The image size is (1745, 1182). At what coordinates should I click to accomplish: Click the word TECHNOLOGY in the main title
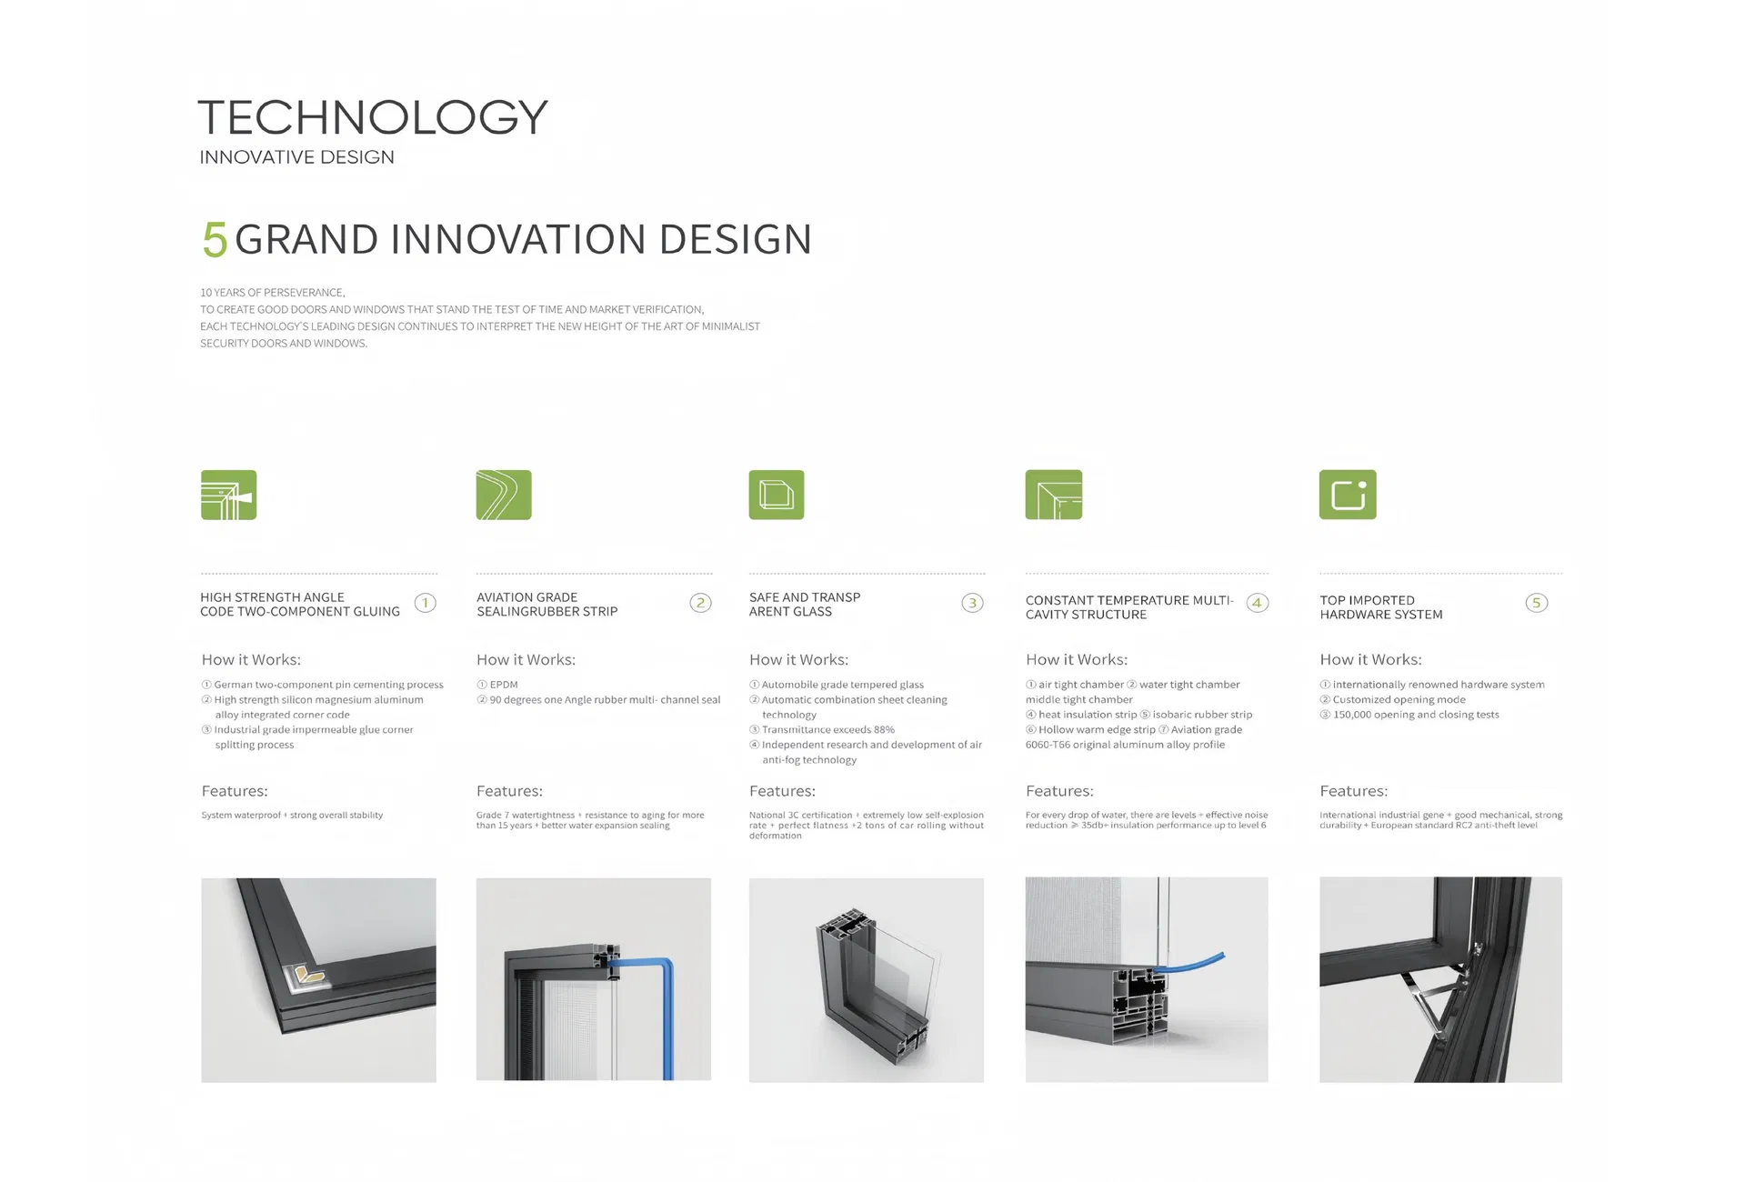[x=373, y=117]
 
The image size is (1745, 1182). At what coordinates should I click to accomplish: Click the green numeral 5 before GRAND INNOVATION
[x=215, y=240]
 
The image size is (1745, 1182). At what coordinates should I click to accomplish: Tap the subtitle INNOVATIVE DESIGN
[x=296, y=157]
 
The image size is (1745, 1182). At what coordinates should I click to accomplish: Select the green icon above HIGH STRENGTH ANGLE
[x=228, y=495]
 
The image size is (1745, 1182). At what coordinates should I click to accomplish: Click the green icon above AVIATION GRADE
[x=504, y=495]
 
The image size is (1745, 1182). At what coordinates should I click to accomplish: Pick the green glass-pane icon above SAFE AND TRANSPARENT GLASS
[x=776, y=495]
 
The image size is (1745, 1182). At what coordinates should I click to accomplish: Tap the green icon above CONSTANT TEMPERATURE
[x=1053, y=495]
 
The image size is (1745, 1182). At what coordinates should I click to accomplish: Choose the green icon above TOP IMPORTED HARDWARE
[x=1347, y=495]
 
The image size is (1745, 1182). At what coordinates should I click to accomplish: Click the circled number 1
[x=425, y=603]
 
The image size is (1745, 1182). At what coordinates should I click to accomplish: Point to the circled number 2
[x=700, y=603]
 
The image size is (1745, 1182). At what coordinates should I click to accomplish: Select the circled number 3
[x=972, y=603]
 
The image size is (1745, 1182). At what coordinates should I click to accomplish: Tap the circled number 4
[x=1257, y=603]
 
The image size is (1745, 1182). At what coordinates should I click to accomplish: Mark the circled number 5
[x=1536, y=603]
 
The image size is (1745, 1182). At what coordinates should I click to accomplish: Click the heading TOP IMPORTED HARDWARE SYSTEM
[x=1380, y=607]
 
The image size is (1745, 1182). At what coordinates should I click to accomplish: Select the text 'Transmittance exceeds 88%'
[x=827, y=730]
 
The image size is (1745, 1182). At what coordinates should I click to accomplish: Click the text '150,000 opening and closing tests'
[x=1415, y=715]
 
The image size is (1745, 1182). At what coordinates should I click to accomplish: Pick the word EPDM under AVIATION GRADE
[x=504, y=685]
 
